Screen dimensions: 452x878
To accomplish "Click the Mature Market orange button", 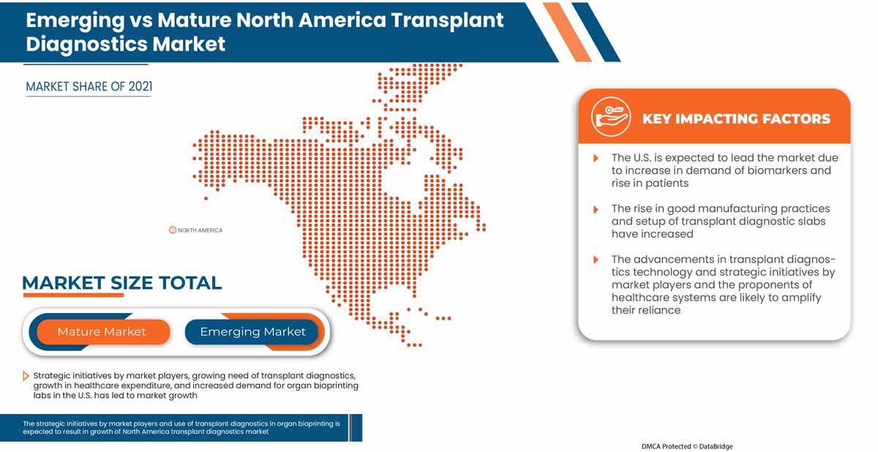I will (x=102, y=332).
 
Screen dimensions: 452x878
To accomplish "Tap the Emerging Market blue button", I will (x=252, y=332).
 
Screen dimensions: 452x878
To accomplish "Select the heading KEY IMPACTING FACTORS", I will (x=736, y=118).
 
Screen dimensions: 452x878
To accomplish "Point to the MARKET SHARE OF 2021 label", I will (x=89, y=87).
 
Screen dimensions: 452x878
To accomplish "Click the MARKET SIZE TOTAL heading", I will (x=121, y=283).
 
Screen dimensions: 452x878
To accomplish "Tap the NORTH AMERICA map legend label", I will (x=200, y=230).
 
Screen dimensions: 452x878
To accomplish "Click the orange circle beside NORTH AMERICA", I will (x=173, y=230).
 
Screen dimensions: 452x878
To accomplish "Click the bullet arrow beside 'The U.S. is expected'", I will (x=596, y=159).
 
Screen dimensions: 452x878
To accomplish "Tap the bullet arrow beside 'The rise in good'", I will (x=596, y=209).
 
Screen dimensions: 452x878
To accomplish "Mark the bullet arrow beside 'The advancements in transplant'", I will (x=596, y=260).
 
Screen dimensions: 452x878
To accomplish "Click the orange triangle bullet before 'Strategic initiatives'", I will (x=26, y=376).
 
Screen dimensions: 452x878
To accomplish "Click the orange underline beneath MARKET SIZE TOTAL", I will (x=73, y=295).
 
